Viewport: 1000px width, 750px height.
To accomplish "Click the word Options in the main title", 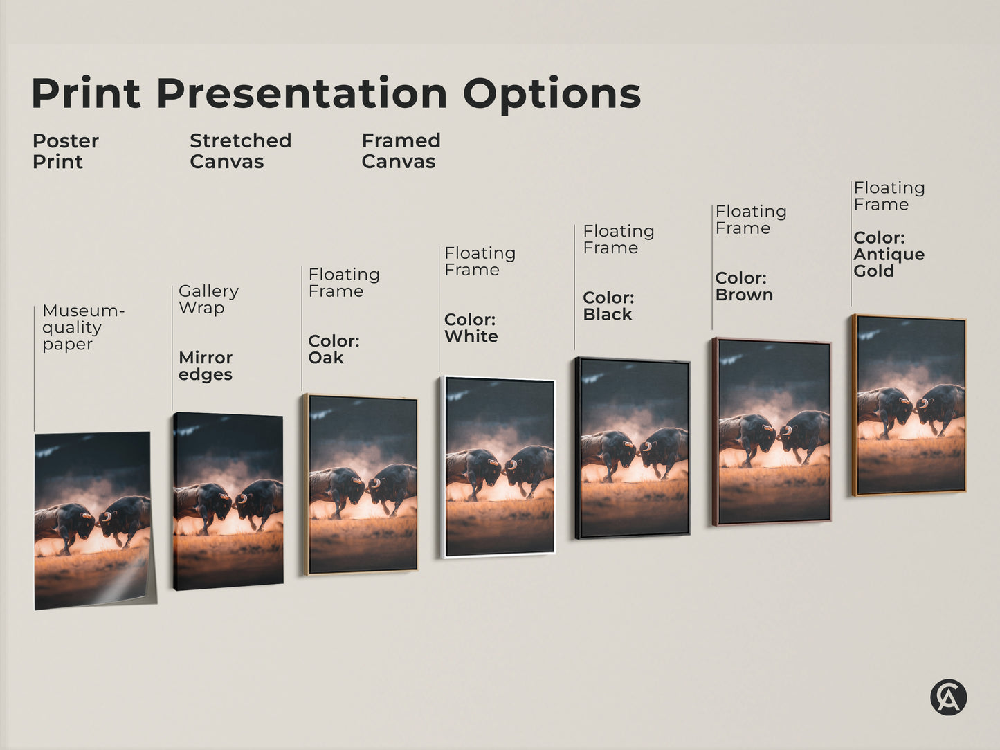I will (552, 94).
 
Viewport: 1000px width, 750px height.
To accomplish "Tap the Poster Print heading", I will (65, 151).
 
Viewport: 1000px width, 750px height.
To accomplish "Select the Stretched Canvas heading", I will (240, 151).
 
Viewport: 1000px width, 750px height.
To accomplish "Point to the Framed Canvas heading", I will (401, 151).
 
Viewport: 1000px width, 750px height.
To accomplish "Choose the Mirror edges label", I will (206, 366).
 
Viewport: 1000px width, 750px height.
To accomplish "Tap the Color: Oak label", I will (334, 349).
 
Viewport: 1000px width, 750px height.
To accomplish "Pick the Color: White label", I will (471, 328).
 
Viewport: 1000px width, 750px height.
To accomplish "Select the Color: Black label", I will (608, 306).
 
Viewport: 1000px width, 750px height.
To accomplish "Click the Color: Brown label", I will (743, 286).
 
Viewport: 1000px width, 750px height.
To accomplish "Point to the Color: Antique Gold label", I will (889, 255).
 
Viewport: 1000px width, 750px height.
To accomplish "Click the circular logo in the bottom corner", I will (948, 697).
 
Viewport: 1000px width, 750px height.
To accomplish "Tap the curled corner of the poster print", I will (138, 585).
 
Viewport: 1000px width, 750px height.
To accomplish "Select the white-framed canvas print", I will (498, 466).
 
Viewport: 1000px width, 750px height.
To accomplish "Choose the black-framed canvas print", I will (633, 448).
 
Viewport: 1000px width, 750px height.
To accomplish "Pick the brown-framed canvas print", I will (772, 432).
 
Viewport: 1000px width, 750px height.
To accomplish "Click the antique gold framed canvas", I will (909, 405).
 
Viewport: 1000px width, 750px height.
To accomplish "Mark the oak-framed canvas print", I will (362, 484).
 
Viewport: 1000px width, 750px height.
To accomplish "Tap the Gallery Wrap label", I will (208, 300).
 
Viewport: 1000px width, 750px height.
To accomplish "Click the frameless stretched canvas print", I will (228, 501).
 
